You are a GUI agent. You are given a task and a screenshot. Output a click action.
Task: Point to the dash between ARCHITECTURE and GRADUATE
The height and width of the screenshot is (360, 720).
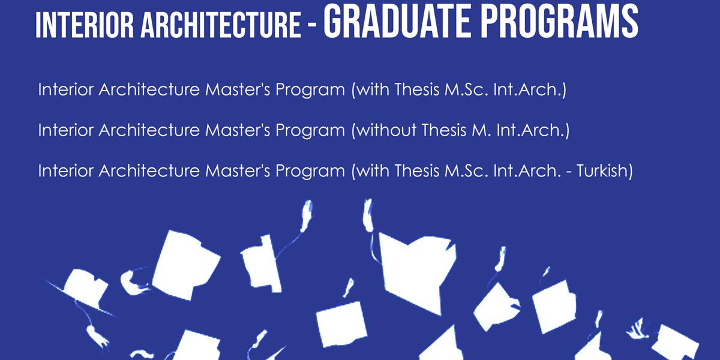click(x=312, y=27)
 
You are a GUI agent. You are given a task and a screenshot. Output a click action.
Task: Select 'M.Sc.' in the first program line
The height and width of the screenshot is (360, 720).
click(x=466, y=91)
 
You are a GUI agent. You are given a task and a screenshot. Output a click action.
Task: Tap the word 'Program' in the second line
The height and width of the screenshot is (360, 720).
click(x=310, y=131)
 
